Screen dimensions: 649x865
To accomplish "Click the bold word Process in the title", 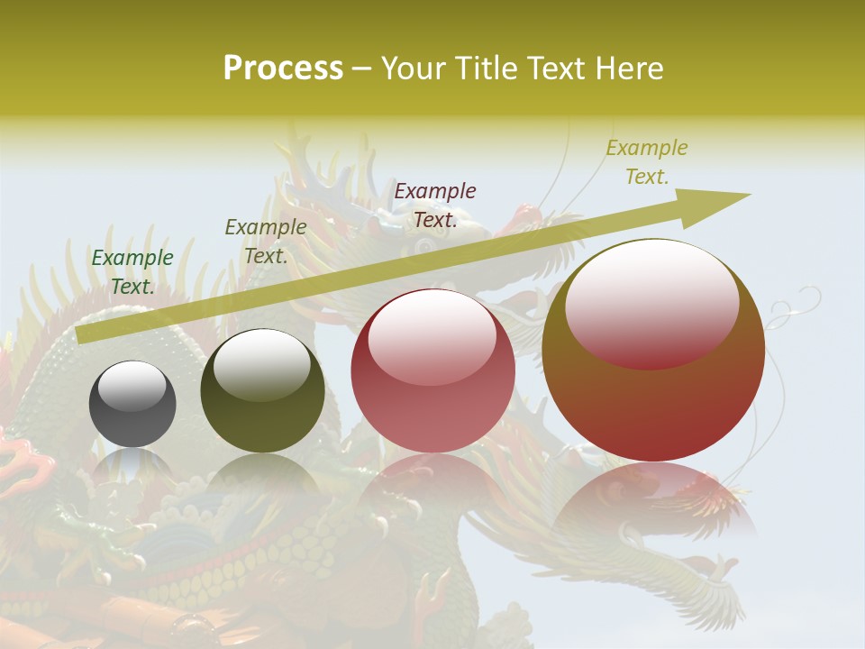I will click(283, 69).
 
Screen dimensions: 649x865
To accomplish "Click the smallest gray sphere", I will click(132, 404).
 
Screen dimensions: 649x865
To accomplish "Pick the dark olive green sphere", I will click(262, 390).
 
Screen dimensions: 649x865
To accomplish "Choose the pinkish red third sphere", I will click(432, 370).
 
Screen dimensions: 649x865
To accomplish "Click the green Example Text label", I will click(132, 272).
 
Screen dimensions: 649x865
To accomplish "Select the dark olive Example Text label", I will click(265, 242).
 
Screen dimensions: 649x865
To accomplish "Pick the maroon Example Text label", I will click(435, 206).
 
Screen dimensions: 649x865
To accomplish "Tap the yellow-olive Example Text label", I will click(646, 162).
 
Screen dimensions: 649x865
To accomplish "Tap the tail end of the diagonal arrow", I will click(86, 334).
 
